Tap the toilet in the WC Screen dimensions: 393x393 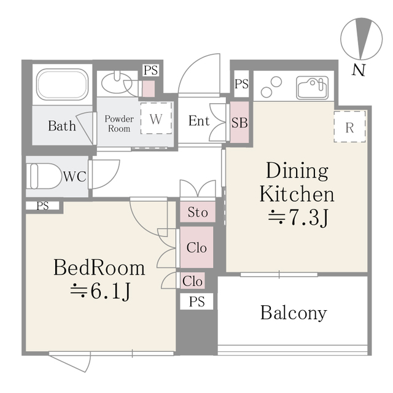click(44, 176)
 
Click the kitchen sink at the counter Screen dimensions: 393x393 click(313, 87)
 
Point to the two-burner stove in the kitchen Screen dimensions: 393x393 click(271, 87)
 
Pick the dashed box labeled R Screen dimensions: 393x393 click(349, 128)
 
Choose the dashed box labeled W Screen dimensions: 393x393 click(156, 119)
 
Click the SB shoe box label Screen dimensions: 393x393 click(239, 122)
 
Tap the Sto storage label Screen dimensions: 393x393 click(197, 212)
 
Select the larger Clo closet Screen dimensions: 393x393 click(196, 248)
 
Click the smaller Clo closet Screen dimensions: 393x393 click(193, 281)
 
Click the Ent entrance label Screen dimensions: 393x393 click(199, 121)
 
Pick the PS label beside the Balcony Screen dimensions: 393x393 click(196, 302)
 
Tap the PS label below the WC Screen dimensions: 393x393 click(42, 206)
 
